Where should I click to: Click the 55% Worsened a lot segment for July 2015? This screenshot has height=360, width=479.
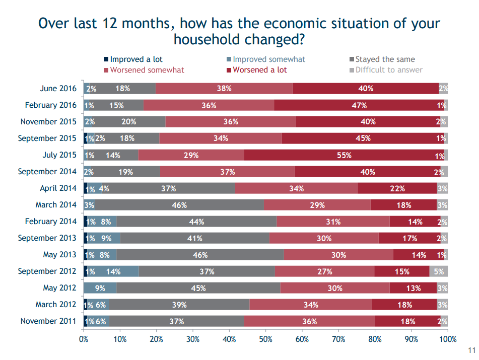click(x=344, y=155)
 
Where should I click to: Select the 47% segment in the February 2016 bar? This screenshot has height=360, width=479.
click(x=359, y=105)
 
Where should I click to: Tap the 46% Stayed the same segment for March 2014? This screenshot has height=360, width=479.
click(x=179, y=205)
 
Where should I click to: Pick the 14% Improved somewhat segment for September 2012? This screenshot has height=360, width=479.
click(x=113, y=271)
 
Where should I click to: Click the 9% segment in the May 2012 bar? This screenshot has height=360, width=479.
click(x=100, y=288)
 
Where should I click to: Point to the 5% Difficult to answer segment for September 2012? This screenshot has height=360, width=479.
click(x=439, y=271)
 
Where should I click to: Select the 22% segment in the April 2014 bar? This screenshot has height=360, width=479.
click(x=397, y=188)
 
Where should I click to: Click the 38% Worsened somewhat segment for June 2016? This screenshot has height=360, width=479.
click(x=224, y=89)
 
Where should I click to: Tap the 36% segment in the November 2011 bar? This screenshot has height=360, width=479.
click(x=309, y=321)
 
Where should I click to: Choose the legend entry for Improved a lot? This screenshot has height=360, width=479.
click(x=133, y=59)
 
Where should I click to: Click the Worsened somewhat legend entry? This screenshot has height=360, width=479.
click(x=144, y=70)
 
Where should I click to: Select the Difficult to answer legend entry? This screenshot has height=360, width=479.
click(x=386, y=70)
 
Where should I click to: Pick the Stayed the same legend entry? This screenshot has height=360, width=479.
click(x=382, y=59)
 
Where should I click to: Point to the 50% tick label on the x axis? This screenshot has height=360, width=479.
click(x=265, y=339)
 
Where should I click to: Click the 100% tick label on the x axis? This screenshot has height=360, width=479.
click(x=448, y=339)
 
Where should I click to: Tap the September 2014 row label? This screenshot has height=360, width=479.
click(x=47, y=172)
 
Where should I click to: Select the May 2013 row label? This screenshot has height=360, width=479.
click(x=59, y=255)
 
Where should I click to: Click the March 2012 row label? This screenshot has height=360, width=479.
click(x=56, y=305)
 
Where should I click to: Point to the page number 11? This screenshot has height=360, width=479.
click(x=472, y=350)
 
